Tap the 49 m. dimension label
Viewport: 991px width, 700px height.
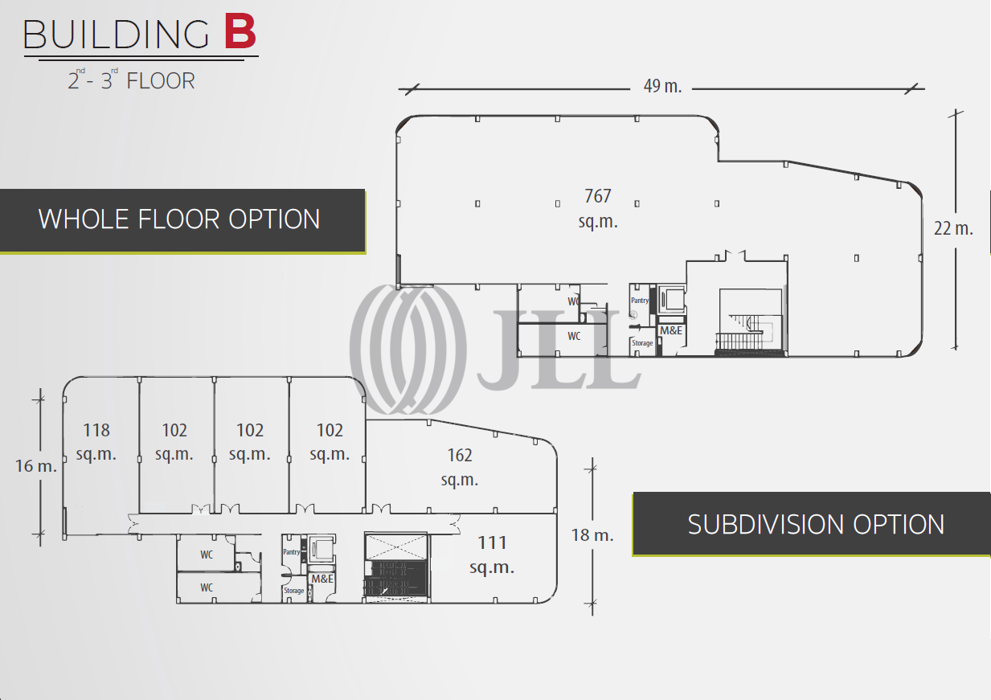click(662, 87)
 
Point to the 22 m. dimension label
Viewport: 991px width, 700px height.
click(953, 228)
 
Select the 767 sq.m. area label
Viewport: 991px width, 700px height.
click(598, 208)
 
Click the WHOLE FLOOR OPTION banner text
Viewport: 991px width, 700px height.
click(179, 219)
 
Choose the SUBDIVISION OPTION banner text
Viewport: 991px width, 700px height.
click(816, 525)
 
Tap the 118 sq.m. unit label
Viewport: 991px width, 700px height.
click(96, 441)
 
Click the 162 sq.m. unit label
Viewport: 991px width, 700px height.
click(460, 467)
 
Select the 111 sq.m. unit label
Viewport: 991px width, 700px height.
click(492, 555)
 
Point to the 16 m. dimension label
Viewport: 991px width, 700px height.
click(36, 465)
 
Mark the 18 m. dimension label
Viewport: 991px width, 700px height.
click(592, 534)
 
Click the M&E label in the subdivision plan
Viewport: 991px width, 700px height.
click(322, 579)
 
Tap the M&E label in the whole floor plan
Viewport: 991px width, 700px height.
click(671, 330)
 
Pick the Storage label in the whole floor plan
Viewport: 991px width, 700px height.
click(642, 343)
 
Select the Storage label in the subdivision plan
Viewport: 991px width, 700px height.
click(293, 591)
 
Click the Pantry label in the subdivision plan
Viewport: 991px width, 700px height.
click(291, 552)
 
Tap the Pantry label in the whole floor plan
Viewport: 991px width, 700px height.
click(640, 301)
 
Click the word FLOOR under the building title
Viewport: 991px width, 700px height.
click(161, 81)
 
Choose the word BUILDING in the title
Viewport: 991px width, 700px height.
click(117, 35)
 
